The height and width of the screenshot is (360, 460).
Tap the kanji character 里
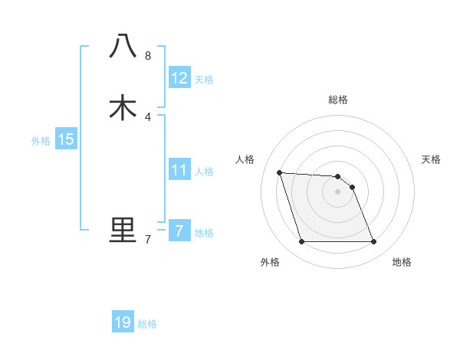point(123,230)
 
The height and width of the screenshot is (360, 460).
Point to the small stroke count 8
point(148,56)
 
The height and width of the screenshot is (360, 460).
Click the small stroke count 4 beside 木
point(148,116)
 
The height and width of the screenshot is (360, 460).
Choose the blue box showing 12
point(179,78)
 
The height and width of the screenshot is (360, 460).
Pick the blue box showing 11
point(179,170)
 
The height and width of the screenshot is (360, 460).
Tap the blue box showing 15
point(66,139)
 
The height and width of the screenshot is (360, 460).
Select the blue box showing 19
point(123,322)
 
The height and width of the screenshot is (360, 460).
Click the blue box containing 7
point(179,231)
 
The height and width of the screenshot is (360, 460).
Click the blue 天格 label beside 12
point(204,80)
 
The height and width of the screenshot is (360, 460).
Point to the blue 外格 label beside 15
point(41,141)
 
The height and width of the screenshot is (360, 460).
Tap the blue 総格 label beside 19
point(147,324)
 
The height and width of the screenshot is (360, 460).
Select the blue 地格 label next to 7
point(204,233)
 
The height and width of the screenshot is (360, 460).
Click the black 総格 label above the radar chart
point(338,100)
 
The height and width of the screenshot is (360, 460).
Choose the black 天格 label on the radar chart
point(431,159)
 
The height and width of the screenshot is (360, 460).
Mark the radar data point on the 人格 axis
point(279,172)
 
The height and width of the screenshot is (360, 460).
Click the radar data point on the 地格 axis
point(374,242)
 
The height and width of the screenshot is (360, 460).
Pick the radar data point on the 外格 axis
point(301,242)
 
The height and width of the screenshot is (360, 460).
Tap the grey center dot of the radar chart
point(338,191)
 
